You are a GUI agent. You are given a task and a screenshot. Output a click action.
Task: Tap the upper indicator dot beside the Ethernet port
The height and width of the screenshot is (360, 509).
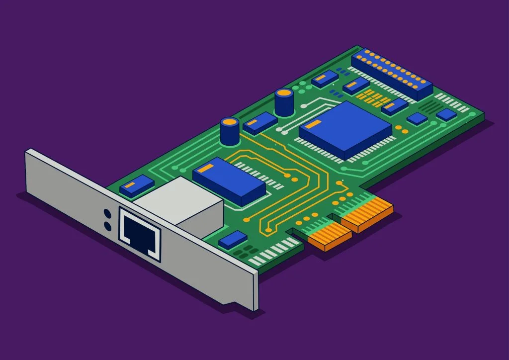pyautogui.click(x=107, y=213)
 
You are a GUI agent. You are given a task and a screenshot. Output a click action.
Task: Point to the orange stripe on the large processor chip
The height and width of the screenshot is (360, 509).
pyautogui.click(x=313, y=124)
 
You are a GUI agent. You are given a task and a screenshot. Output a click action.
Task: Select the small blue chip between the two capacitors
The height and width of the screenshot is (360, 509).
pyautogui.click(x=260, y=122)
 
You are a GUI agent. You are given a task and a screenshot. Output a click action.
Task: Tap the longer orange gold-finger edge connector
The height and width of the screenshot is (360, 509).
pyautogui.click(x=367, y=214)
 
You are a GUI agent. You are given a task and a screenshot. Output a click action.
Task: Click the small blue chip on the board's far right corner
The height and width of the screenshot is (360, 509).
pyautogui.click(x=446, y=115)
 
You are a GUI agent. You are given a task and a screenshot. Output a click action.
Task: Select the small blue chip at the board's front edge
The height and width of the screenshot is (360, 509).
pyautogui.click(x=233, y=240)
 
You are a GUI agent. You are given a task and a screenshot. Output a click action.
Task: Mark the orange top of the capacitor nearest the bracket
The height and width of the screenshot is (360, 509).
pyautogui.click(x=230, y=122)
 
